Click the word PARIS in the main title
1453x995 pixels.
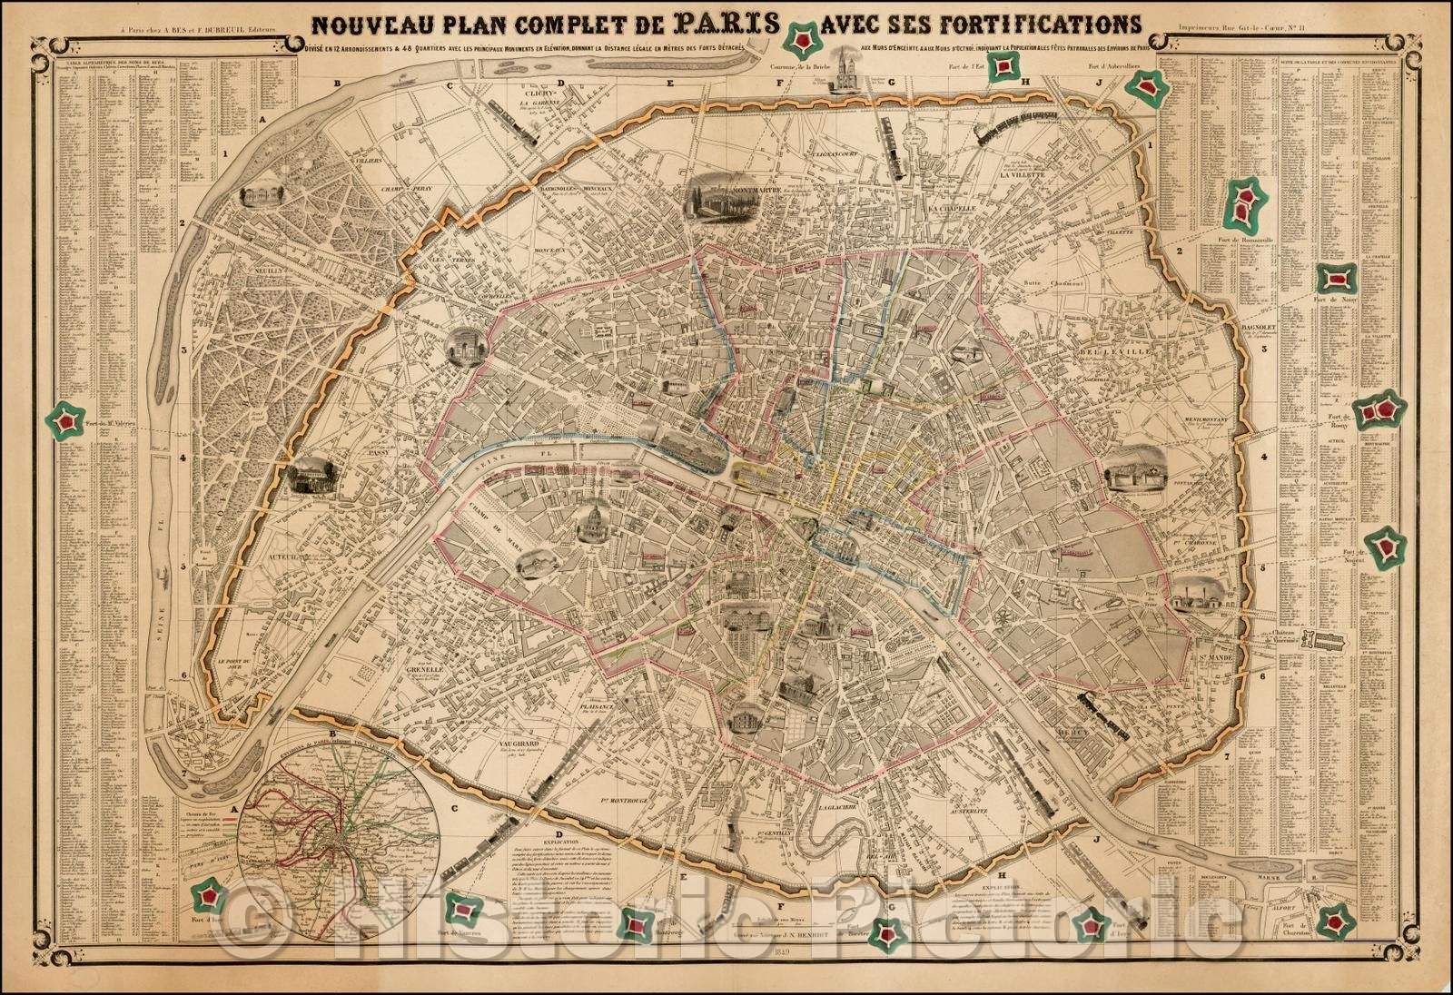(723, 20)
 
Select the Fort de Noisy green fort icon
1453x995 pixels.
(1337, 279)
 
